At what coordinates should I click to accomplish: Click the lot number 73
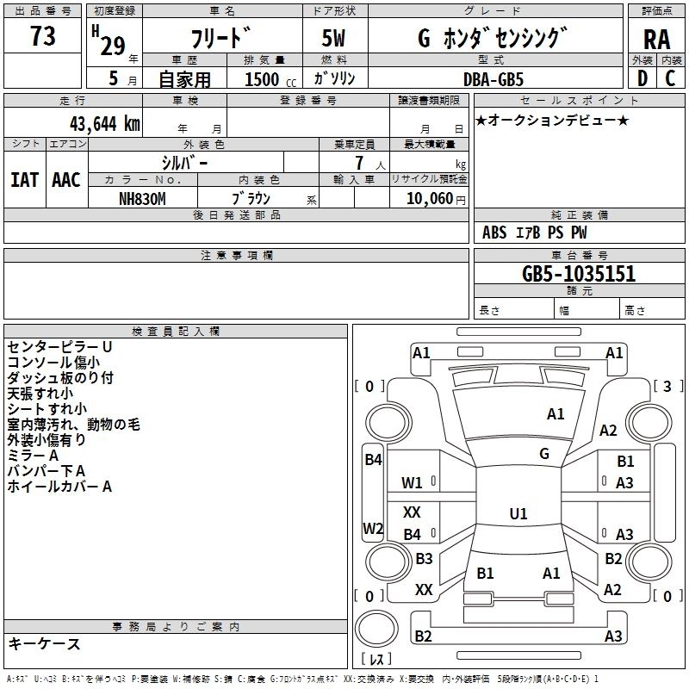pos(42,35)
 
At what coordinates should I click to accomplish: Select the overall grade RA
pos(657,40)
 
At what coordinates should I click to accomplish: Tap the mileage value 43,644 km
pos(104,124)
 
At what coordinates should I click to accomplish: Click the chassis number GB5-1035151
pos(579,273)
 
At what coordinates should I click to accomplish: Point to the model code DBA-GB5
pos(493,79)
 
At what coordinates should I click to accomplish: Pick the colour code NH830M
pos(142,199)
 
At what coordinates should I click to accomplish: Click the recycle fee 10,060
pos(430,199)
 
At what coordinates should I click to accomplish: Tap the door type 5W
pos(333,38)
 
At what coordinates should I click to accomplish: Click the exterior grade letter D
pos(642,78)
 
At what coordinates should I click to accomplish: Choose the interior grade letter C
pos(670,78)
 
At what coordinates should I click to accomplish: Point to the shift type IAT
pos(25,180)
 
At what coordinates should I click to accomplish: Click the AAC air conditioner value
pos(66,180)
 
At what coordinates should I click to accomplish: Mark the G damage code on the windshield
pos(544,454)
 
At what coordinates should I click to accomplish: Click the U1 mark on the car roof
pos(518,513)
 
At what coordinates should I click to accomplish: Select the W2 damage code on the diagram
pos(373,528)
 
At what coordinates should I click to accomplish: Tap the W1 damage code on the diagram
pos(412,483)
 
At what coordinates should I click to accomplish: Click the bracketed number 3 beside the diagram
pos(667,386)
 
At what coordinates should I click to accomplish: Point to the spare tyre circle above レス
pos(376,629)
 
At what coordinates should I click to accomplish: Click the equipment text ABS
pos(494,233)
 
